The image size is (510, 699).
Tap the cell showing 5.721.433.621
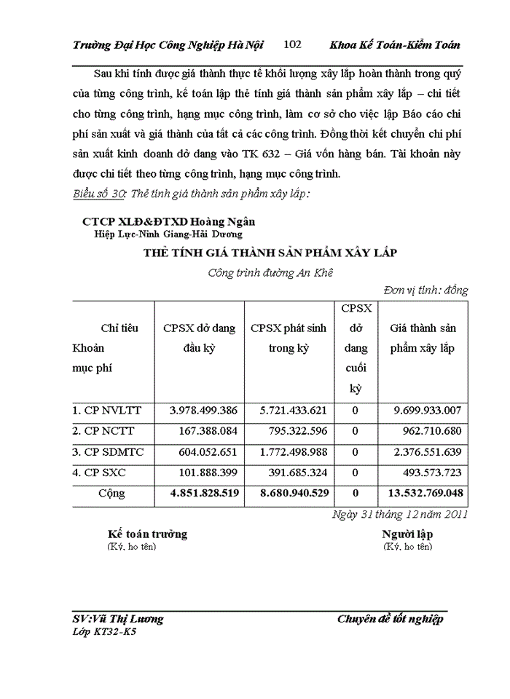(289, 411)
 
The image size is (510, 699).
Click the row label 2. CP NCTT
(103, 431)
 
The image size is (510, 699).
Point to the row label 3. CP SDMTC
(107, 452)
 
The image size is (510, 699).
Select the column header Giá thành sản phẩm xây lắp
(423, 338)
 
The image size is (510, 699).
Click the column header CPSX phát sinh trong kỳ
(289, 338)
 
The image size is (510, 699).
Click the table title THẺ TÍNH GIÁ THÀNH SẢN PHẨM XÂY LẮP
(270, 252)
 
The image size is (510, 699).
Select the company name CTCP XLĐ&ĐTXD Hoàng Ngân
(168, 221)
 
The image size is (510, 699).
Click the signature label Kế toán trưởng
(147, 534)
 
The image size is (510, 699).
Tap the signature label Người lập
(407, 534)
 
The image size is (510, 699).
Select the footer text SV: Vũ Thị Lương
(119, 619)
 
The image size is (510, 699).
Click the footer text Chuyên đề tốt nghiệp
(390, 619)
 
